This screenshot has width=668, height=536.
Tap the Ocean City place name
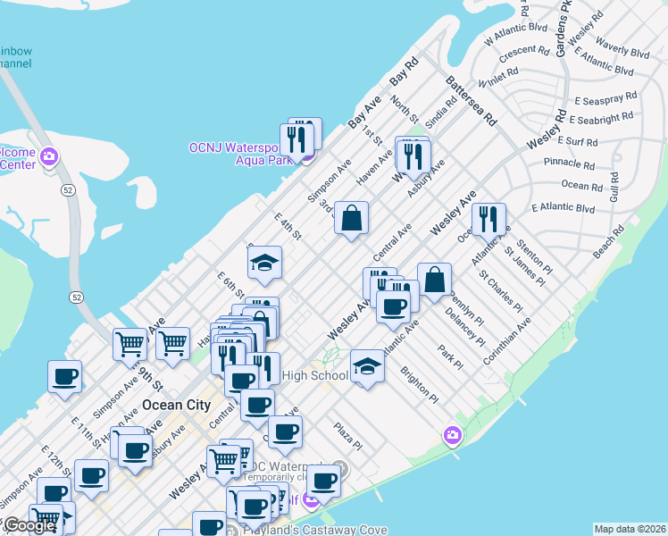(176, 405)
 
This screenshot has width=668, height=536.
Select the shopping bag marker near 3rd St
(352, 218)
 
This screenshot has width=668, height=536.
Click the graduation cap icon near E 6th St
(264, 264)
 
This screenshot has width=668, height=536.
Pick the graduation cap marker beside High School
(366, 365)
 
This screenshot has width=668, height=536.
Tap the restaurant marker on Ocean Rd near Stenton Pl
(488, 220)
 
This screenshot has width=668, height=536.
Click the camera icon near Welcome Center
(49, 158)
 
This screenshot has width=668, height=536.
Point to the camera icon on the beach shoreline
(453, 435)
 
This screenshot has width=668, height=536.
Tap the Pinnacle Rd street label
(569, 164)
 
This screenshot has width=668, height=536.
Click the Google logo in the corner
(29, 525)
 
